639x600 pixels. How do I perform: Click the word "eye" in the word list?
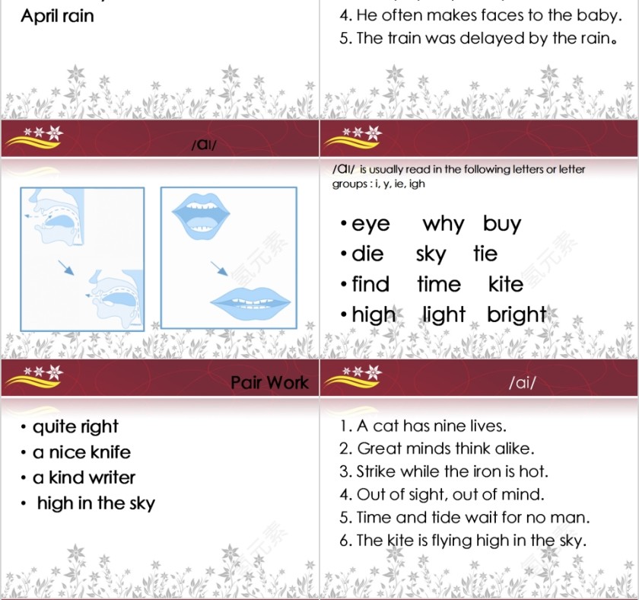pos(370,225)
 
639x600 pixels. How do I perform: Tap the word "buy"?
pos(501,224)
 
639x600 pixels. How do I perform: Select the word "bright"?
pos(517,315)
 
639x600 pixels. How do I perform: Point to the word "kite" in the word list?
pos(506,284)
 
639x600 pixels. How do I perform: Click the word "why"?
pos(443,224)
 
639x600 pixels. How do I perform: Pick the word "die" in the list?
pos(367,254)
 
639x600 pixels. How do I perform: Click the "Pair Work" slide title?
pos(269,382)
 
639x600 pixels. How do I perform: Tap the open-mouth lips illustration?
pos(201,215)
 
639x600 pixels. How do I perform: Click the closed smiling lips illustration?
pos(250,302)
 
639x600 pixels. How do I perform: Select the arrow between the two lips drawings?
pos(219,268)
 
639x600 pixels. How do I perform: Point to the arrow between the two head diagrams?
pos(66,267)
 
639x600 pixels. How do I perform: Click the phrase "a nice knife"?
pos(81,452)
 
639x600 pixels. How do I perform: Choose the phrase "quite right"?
pos(75,427)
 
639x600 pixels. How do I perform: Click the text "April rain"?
pos(57,16)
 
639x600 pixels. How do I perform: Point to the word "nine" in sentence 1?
pos(450,426)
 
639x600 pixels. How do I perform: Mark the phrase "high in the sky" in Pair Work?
pos(96,504)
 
